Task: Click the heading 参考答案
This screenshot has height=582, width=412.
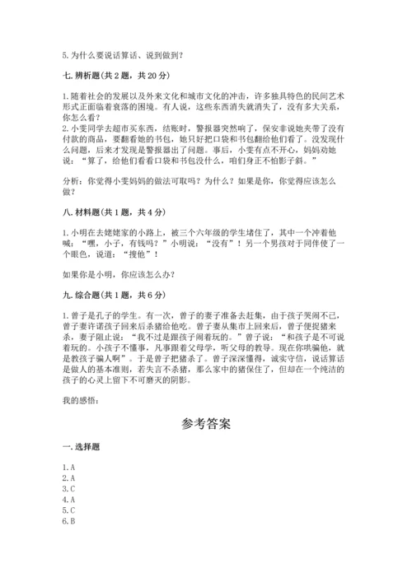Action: point(206,426)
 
